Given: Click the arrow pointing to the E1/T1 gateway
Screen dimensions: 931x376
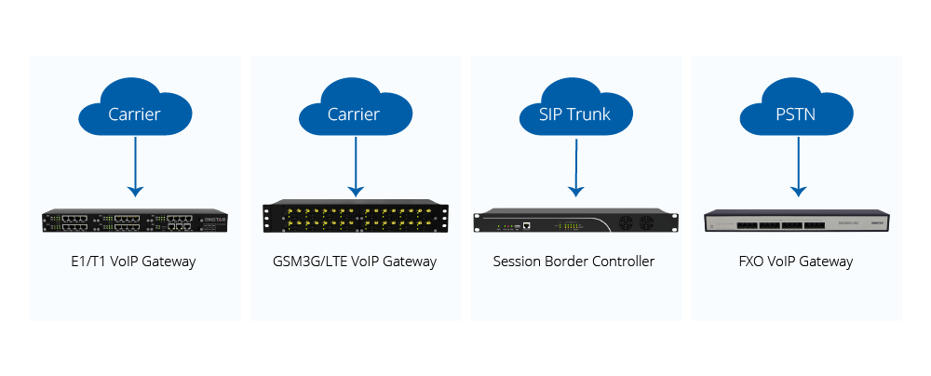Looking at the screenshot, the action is pyautogui.click(x=135, y=167).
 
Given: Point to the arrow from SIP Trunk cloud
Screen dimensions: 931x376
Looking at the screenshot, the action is pyautogui.click(x=576, y=167).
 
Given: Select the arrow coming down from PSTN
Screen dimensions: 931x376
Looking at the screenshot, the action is pyautogui.click(x=798, y=167).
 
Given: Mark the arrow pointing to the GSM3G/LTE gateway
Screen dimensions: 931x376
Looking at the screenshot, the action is pyautogui.click(x=356, y=167).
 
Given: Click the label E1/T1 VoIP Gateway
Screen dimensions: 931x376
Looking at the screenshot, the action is pyautogui.click(x=133, y=262).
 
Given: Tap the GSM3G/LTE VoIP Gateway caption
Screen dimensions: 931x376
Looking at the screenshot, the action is pyautogui.click(x=355, y=262).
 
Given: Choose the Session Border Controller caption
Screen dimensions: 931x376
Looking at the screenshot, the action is pyautogui.click(x=573, y=262).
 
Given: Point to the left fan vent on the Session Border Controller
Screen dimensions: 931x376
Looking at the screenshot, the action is pyautogui.click(x=627, y=223).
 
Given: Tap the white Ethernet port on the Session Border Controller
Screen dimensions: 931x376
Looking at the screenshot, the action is pyautogui.click(x=527, y=225).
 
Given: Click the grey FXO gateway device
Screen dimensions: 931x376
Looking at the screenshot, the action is pyautogui.click(x=798, y=221).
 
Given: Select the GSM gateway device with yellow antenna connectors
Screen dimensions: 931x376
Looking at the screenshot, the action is pyautogui.click(x=356, y=218).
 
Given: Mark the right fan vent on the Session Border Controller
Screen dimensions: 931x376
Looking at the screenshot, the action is pyautogui.click(x=647, y=223).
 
